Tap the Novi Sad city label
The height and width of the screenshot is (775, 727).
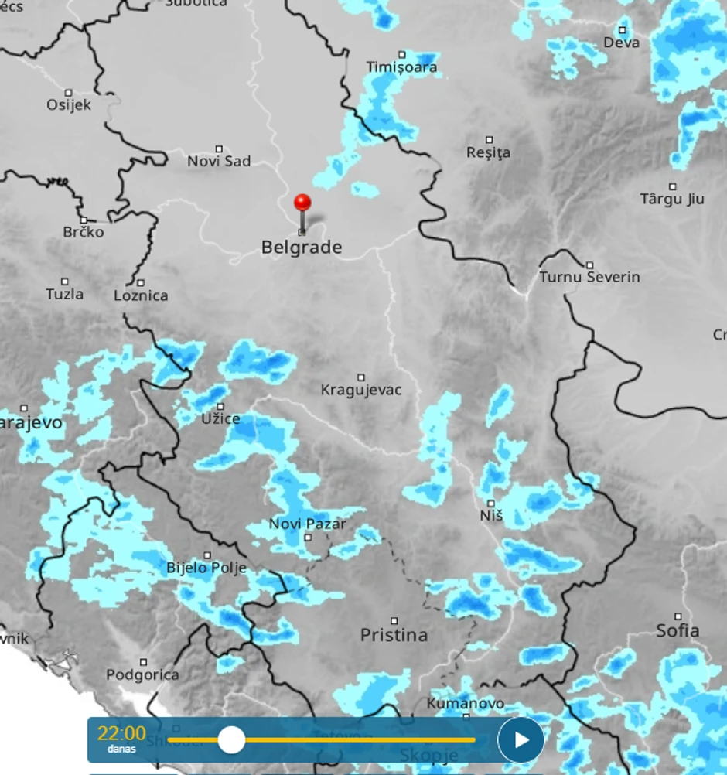(x=219, y=162)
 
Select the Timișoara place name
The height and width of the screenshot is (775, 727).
(x=401, y=67)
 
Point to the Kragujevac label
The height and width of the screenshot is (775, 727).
(x=361, y=390)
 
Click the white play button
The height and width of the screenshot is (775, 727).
(x=521, y=740)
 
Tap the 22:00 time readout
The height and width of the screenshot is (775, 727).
(x=121, y=733)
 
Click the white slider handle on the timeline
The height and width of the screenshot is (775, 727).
(x=231, y=740)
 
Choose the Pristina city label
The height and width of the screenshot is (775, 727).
(x=394, y=635)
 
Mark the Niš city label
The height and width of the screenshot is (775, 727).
(x=491, y=514)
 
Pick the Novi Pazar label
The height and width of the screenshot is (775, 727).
(x=307, y=524)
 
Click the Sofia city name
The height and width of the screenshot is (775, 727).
(x=678, y=630)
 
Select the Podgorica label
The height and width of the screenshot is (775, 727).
(x=142, y=674)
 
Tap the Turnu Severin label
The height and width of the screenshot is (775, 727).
(x=589, y=277)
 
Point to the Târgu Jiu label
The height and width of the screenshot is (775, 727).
(x=672, y=199)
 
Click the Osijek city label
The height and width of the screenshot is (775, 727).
(x=68, y=104)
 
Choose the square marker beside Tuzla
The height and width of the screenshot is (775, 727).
(x=65, y=282)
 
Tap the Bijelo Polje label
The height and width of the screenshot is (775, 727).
(x=206, y=568)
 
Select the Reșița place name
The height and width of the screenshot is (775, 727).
(x=488, y=153)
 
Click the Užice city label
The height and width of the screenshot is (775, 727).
(x=220, y=418)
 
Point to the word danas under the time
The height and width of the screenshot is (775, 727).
(x=121, y=749)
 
